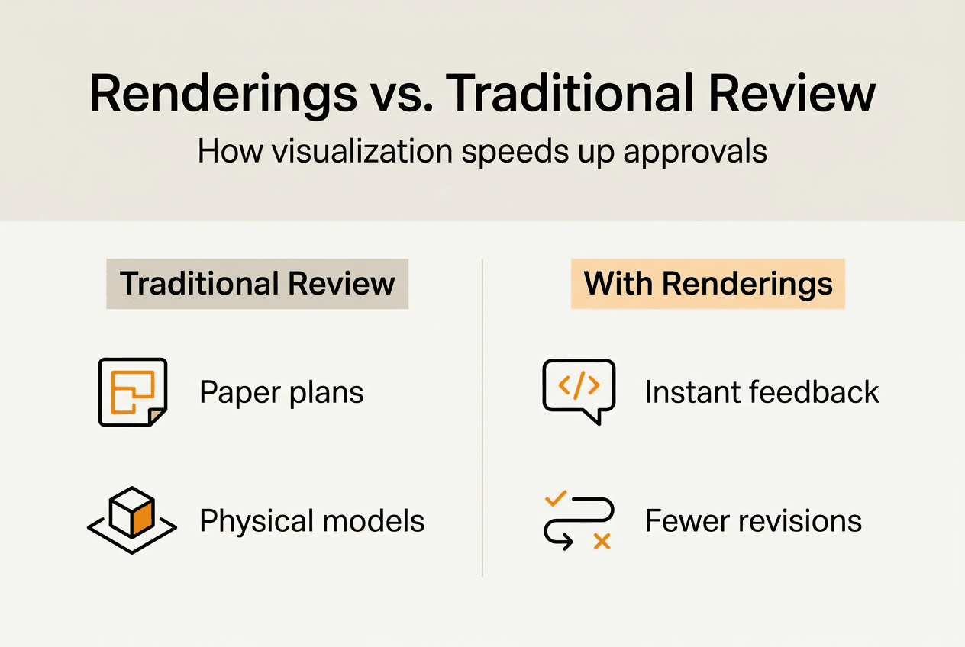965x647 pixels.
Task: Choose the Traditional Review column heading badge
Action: [257, 284]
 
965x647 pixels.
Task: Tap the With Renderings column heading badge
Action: [708, 284]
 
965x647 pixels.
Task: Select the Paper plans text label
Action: [282, 393]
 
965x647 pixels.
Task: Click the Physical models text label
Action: [311, 521]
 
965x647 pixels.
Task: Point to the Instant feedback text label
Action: [762, 392]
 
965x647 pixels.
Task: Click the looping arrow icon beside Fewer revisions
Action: [579, 522]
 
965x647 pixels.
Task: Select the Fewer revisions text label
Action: [753, 521]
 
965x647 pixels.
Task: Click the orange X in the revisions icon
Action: [602, 542]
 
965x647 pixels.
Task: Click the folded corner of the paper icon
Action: [157, 416]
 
